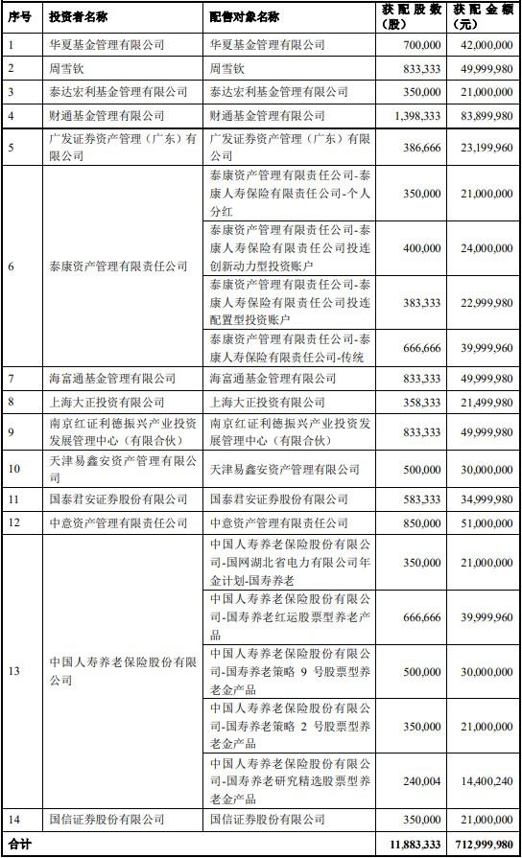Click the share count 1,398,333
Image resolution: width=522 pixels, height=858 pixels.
[417, 116]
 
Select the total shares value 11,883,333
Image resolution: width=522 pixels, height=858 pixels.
[415, 845]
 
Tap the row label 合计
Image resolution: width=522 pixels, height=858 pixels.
[18, 845]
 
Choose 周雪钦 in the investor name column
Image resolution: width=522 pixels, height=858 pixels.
[66, 68]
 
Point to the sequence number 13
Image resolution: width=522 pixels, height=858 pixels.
[13, 671]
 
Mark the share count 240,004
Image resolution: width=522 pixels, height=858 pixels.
[423, 782]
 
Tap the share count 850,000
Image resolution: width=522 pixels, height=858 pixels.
[423, 522]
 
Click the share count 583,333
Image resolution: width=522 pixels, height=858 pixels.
[423, 499]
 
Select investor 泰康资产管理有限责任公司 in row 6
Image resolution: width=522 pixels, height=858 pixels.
[118, 267]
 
